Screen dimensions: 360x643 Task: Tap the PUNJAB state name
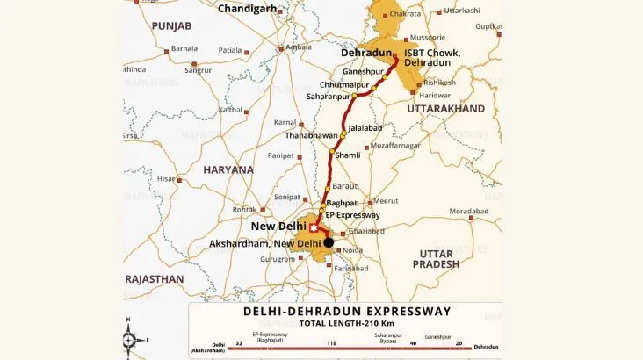(x=170, y=27)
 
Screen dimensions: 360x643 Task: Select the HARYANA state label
(x=228, y=169)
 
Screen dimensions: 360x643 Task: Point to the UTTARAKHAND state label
(x=445, y=108)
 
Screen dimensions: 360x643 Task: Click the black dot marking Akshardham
(x=329, y=242)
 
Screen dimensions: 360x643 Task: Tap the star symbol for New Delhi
(x=313, y=228)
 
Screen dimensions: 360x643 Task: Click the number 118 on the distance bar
(x=332, y=344)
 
